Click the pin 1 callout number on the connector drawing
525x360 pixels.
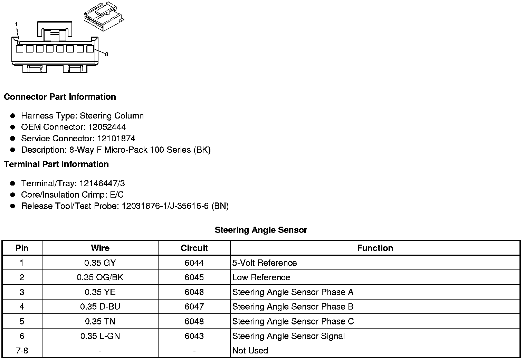[16, 24]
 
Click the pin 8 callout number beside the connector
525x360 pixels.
[106, 54]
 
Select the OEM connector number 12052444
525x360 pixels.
[107, 127]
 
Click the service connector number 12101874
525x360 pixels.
[116, 139]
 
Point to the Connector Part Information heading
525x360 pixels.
[60, 97]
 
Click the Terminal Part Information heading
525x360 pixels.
[56, 164]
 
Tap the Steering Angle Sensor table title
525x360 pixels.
[261, 230]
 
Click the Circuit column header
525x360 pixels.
[194, 248]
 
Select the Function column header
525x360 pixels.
[375, 248]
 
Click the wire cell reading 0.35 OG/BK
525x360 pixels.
[100, 277]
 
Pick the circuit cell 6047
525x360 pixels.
[194, 307]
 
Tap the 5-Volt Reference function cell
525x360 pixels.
[265, 263]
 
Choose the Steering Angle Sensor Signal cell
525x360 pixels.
[288, 336]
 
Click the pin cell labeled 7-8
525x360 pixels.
[22, 351]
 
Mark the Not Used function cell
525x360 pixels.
[250, 351]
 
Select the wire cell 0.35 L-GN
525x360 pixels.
[100, 336]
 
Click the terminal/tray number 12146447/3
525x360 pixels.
[102, 183]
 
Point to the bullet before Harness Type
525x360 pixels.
[13, 116]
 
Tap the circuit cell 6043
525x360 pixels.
[194, 336]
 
